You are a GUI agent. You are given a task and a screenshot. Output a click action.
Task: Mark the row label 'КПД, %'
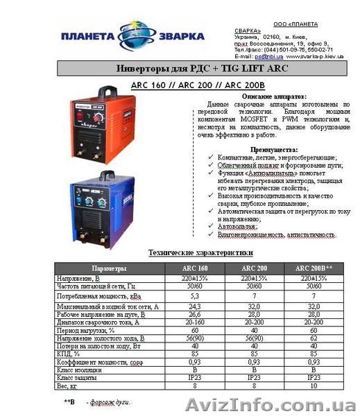[70, 353]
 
